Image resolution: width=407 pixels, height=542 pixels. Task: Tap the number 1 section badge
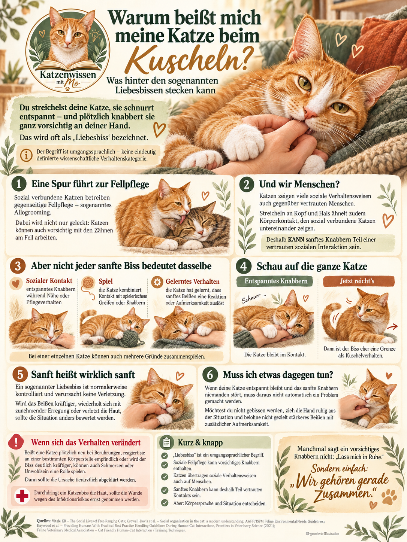tap(19, 184)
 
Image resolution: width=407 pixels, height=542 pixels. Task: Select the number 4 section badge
tap(244, 267)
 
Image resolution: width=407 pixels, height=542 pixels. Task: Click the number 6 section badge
tap(210, 374)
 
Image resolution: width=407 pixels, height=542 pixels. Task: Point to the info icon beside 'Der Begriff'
tap(26, 155)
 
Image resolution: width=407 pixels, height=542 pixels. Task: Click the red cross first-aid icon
tap(22, 496)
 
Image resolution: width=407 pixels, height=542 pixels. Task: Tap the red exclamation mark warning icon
tap(16, 442)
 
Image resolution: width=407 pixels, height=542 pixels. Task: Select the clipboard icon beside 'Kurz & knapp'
tap(166, 442)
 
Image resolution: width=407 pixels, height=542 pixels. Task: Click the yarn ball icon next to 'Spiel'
tap(88, 283)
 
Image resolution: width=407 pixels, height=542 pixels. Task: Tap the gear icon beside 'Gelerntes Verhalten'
tap(157, 282)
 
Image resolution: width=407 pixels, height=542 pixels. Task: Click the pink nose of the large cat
tap(309, 113)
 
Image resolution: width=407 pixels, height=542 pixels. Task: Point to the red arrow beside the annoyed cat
tap(392, 327)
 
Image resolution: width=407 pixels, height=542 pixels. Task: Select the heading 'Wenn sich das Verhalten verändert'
tap(86, 442)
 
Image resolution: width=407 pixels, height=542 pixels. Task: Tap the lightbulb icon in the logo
tap(96, 35)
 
